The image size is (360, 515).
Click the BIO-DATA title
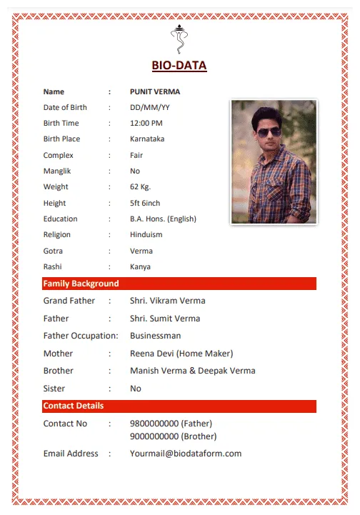pos(179,66)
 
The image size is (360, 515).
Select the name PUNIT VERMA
pos(155,91)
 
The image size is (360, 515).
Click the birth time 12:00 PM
pos(146,124)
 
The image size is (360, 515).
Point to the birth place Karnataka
pos(147,139)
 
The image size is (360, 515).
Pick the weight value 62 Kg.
pos(141,187)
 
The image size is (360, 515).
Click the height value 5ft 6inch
pos(145,204)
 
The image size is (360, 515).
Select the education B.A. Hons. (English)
pos(163,219)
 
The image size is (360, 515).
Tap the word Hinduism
pos(146,235)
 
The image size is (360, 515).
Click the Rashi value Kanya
pos(140,267)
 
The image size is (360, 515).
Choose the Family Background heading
pos(81,284)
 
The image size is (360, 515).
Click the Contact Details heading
pos(74,406)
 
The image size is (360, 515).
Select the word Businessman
pos(156,336)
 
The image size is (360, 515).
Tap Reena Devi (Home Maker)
pos(181,354)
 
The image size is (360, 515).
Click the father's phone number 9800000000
pos(154,424)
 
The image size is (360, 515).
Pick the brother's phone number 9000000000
pos(154,436)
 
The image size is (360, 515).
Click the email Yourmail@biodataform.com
pos(186,454)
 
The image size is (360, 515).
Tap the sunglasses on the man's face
pos(269,131)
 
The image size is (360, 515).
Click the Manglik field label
pos(57,171)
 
